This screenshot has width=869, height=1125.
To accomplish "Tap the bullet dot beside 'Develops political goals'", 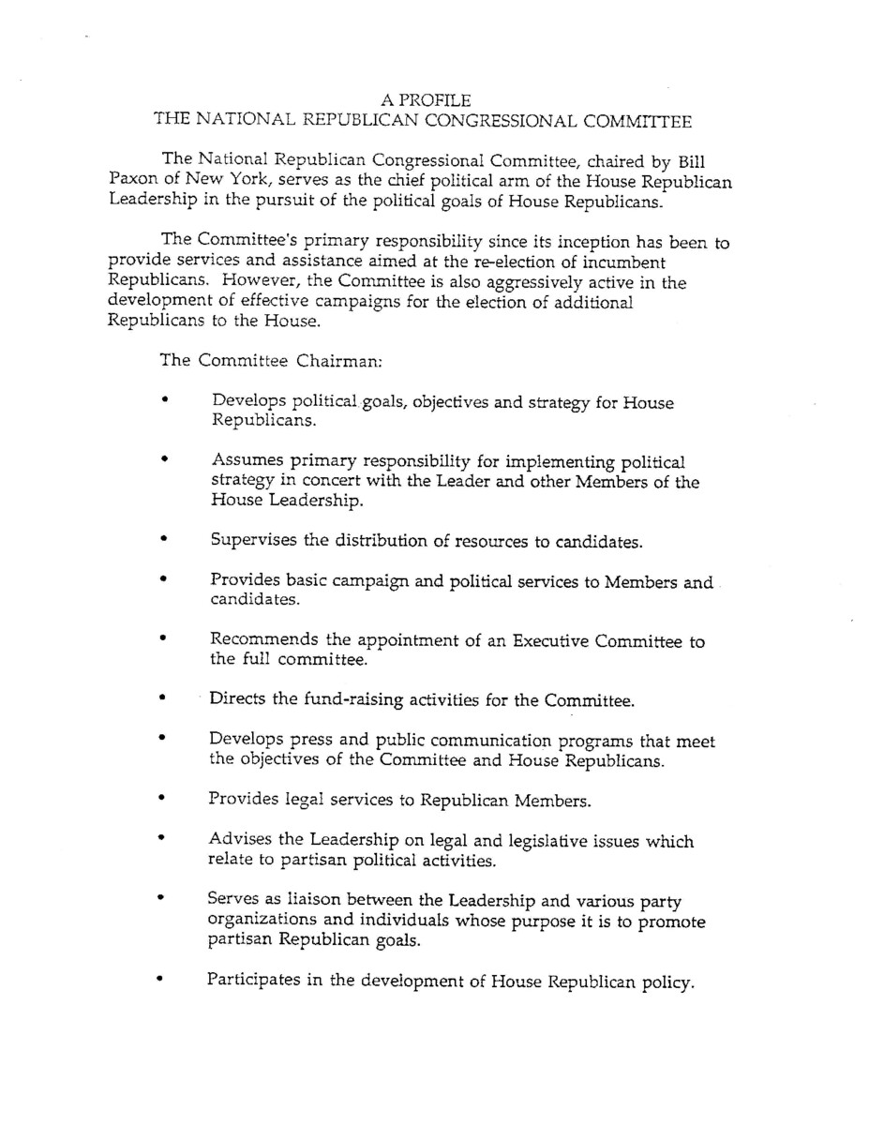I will (x=164, y=400).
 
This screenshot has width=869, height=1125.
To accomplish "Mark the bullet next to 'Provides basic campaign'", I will (x=164, y=581).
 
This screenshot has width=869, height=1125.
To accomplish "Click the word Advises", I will (x=242, y=841).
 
